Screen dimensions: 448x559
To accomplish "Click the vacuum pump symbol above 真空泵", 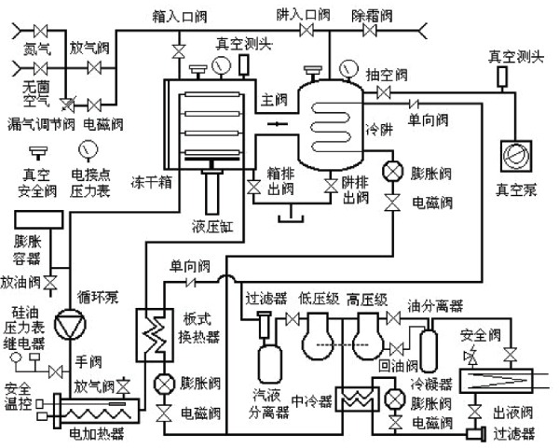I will tap(512, 154).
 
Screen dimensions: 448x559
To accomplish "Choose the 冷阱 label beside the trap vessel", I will tap(372, 129).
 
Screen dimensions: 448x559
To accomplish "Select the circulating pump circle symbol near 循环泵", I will tap(68, 324).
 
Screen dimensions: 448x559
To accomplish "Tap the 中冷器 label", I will tap(311, 402).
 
